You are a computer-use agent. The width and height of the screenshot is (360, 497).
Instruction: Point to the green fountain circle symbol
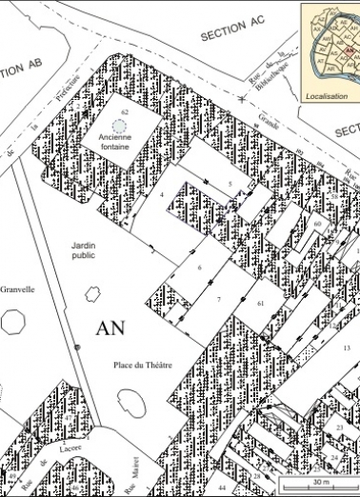point(118,125)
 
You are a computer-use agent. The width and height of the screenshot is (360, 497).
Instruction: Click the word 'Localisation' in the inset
point(325,96)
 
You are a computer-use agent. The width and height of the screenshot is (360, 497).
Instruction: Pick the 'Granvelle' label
point(17,289)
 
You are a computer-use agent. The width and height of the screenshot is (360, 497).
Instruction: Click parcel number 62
point(125,112)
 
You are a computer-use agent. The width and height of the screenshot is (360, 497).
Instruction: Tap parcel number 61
point(259,301)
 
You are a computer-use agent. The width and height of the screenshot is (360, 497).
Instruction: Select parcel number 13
point(346,348)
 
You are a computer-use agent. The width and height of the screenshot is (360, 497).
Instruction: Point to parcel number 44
point(222,487)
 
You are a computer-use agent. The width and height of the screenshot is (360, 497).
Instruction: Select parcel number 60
point(316,224)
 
